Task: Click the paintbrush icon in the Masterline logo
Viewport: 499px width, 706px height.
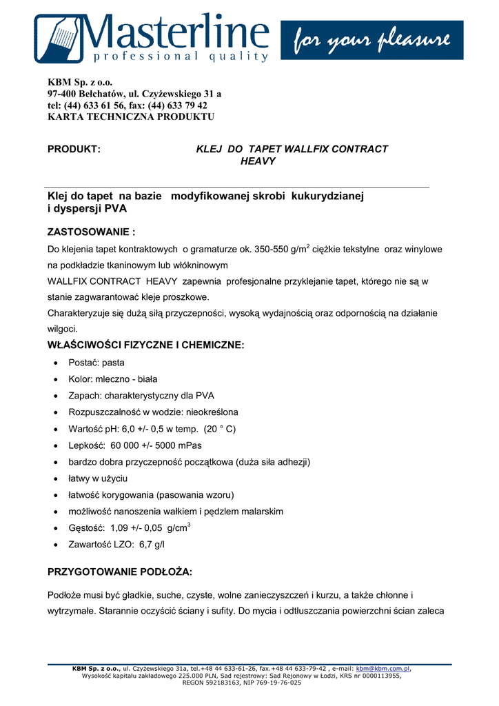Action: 59,38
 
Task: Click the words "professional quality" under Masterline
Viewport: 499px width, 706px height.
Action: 172,56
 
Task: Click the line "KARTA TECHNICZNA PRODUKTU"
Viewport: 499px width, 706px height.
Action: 131,117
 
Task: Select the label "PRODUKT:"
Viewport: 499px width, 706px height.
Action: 74,149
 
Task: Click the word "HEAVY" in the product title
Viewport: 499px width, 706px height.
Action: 258,161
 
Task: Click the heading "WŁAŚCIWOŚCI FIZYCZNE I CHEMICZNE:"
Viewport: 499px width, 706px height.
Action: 145,345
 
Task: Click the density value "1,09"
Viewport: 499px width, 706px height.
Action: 120,528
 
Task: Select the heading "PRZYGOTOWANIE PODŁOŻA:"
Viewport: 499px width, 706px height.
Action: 120,572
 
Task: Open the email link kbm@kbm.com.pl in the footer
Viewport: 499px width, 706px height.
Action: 383,669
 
